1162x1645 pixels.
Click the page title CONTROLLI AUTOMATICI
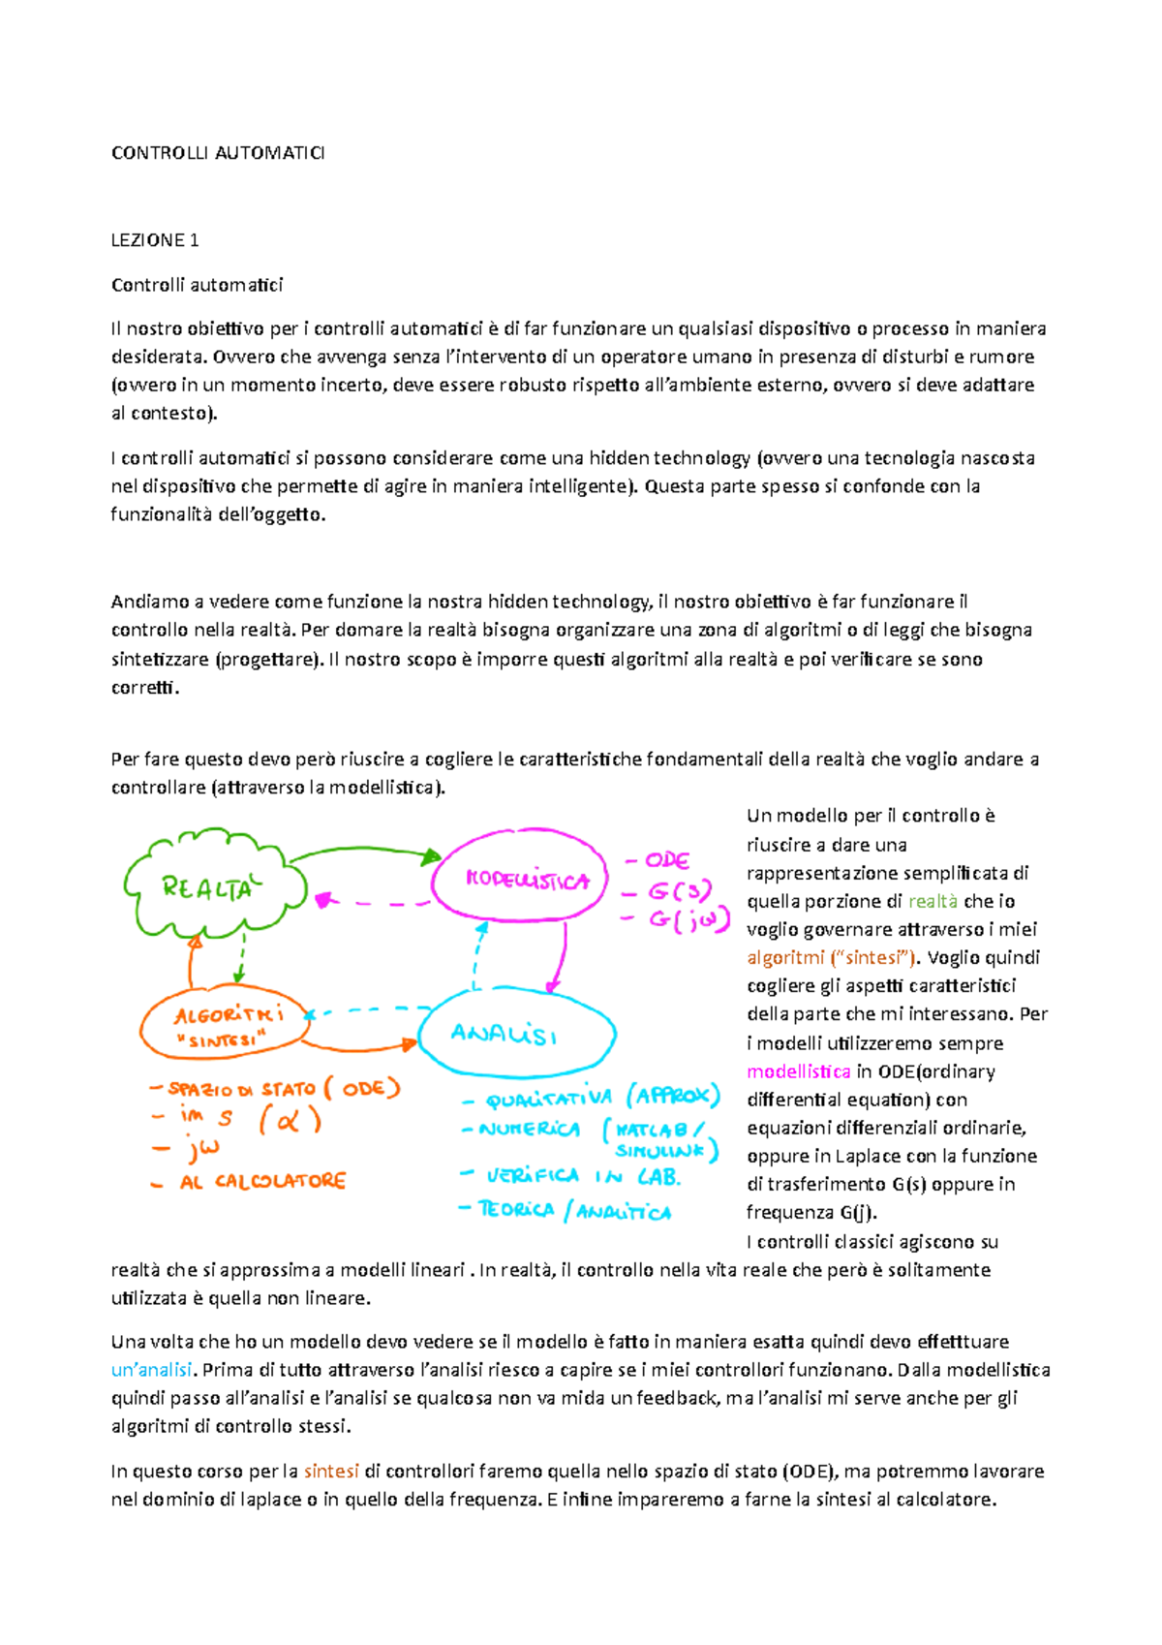pyautogui.click(x=218, y=153)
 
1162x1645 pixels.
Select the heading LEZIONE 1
pyautogui.click(x=155, y=240)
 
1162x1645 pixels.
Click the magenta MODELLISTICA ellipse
pyautogui.click(x=520, y=880)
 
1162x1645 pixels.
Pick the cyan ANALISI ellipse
pyautogui.click(x=518, y=1035)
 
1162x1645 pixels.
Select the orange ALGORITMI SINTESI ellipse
pyautogui.click(x=226, y=1025)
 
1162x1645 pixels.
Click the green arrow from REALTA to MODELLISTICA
pyautogui.click(x=363, y=852)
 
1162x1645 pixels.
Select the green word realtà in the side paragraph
pyautogui.click(x=933, y=901)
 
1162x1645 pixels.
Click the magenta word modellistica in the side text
pyautogui.click(x=799, y=1071)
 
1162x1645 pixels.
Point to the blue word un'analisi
pyautogui.click(x=152, y=1370)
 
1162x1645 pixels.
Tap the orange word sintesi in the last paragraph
pyautogui.click(x=331, y=1471)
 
